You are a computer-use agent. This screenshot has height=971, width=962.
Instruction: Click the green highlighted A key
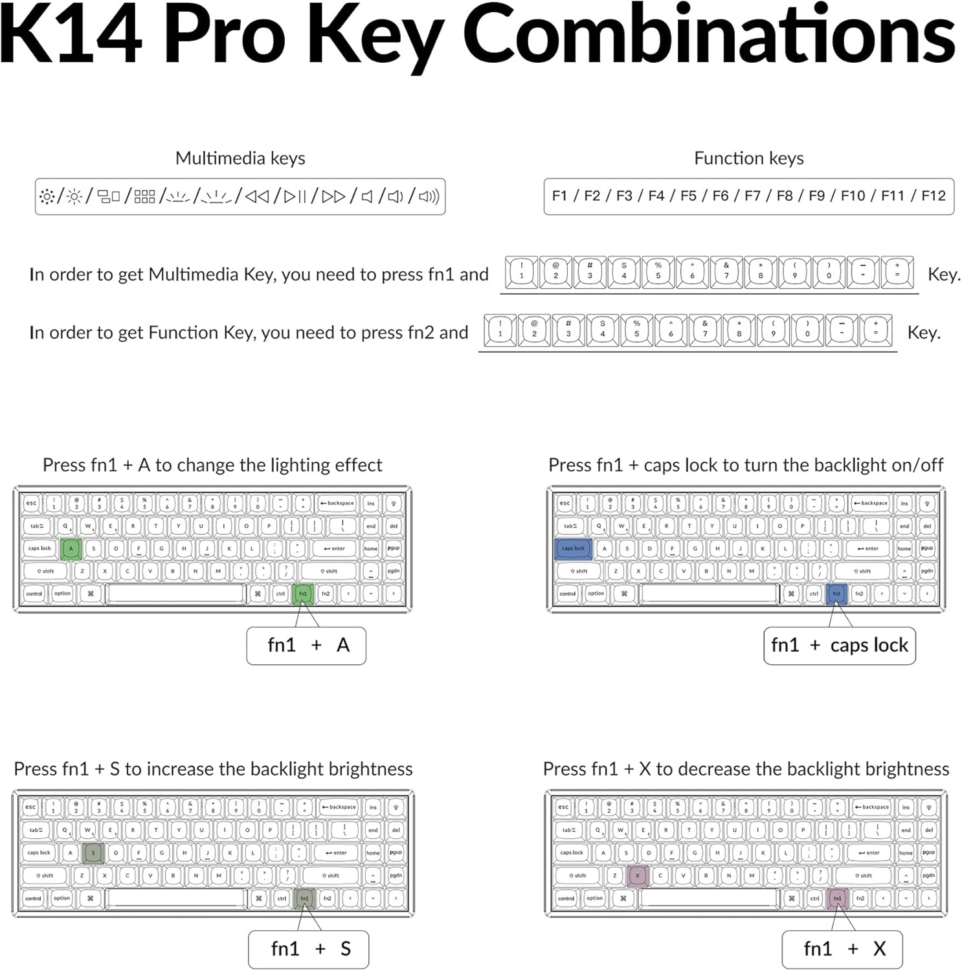point(71,548)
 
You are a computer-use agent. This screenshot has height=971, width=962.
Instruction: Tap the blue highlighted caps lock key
point(573,548)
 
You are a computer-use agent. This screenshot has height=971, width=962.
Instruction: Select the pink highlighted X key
point(638,876)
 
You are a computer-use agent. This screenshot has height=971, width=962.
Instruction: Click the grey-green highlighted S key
point(93,853)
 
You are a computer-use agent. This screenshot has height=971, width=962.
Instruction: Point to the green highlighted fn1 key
point(303,594)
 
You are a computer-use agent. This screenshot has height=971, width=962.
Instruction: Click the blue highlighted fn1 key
point(836,594)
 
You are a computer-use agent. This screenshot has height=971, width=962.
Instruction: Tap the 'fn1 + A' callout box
point(306,645)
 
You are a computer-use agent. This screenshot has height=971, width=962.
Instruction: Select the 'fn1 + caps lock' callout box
point(840,645)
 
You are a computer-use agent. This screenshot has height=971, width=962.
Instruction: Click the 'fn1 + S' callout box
point(309,949)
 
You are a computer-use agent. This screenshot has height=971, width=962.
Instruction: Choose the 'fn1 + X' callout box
point(842,949)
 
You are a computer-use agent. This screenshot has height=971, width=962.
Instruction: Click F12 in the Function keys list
point(933,196)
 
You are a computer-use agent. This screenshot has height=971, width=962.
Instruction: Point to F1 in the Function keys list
point(559,196)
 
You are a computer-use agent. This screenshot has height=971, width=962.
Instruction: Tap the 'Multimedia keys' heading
point(240,159)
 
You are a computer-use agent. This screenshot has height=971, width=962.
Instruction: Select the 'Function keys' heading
point(748,159)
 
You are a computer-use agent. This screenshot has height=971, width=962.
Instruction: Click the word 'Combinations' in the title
point(709,36)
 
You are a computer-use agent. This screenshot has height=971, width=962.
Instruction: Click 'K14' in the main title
point(71,36)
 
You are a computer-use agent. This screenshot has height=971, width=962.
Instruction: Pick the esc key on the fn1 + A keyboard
point(31,503)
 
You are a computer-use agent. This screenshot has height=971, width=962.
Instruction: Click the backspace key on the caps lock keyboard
point(871,503)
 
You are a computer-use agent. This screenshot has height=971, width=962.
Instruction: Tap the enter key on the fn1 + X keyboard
point(869,853)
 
